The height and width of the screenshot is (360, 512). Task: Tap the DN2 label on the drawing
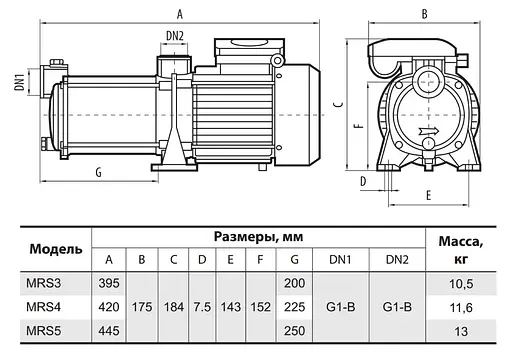(173, 36)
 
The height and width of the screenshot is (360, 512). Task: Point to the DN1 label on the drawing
(18, 79)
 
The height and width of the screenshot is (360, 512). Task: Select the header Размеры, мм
(257, 237)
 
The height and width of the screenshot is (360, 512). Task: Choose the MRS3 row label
(46, 285)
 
